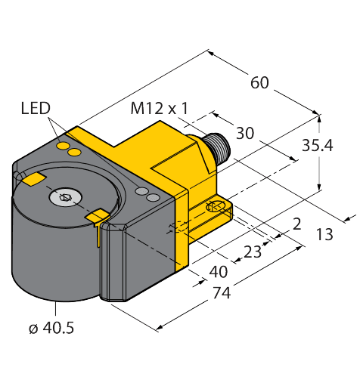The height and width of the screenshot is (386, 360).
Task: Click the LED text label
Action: [35, 110]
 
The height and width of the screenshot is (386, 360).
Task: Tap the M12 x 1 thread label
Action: [159, 109]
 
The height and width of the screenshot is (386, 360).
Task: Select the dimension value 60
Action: [259, 83]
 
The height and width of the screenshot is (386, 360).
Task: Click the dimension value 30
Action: [244, 134]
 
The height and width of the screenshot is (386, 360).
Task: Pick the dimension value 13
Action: [324, 234]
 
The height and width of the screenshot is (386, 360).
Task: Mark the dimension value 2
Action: [296, 223]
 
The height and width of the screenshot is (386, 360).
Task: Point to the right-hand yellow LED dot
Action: [74, 153]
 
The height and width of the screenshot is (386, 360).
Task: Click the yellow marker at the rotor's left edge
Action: [33, 179]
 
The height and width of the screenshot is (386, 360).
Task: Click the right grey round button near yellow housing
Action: [154, 198]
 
